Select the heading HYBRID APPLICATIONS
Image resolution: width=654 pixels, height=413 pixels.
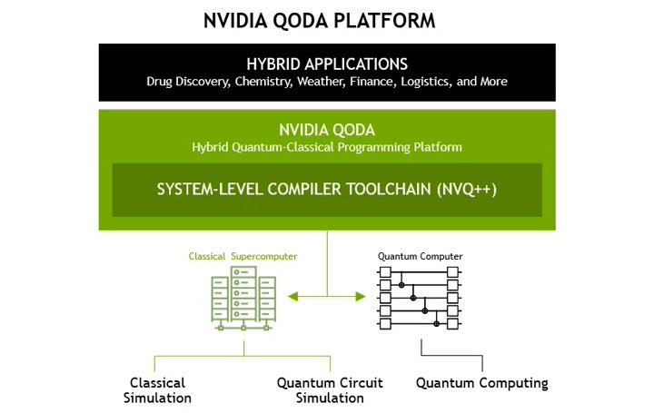[327, 64]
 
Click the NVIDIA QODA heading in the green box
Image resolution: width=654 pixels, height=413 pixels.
[327, 129]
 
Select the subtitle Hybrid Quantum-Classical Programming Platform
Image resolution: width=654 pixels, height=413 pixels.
[327, 147]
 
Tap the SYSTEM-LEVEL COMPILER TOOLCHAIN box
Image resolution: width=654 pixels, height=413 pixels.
[327, 190]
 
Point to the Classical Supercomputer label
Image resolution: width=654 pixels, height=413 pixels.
[243, 257]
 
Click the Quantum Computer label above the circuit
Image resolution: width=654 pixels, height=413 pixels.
[420, 257]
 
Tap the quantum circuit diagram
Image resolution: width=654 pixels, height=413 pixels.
[420, 297]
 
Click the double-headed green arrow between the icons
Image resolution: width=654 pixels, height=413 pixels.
[327, 296]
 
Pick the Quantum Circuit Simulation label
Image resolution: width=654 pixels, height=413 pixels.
[330, 390]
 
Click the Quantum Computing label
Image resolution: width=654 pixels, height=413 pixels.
[481, 383]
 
